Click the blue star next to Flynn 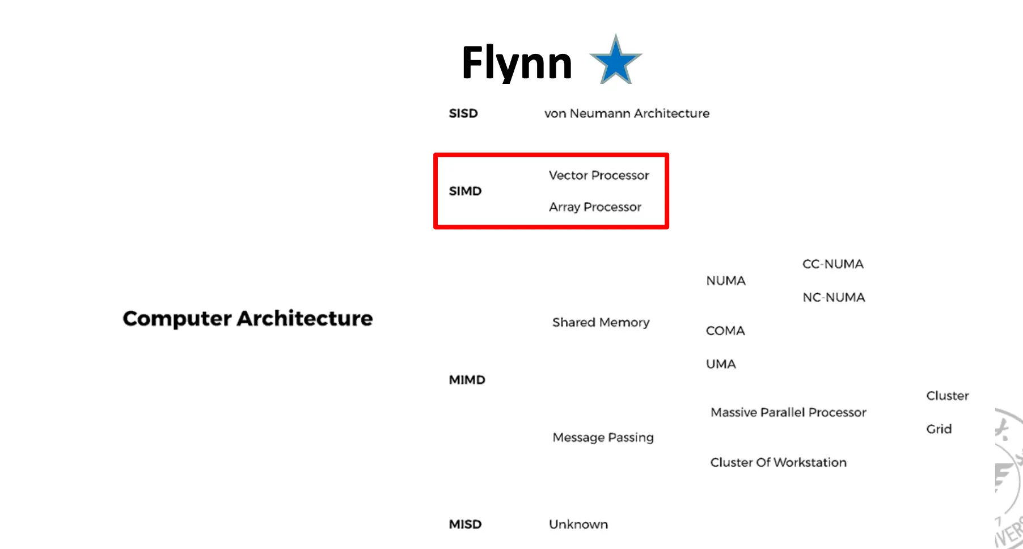616,61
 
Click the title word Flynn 517,62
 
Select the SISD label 463,113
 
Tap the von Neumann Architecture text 627,113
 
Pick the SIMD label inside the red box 465,191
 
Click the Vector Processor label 599,175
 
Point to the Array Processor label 595,207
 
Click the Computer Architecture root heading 248,319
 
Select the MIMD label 467,380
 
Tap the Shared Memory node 601,322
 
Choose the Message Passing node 603,437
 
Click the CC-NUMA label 832,264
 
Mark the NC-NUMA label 834,298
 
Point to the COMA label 725,331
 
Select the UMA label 721,364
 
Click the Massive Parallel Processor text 788,412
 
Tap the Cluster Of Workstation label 778,463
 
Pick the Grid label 939,429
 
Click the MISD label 465,525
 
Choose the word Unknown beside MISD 578,525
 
